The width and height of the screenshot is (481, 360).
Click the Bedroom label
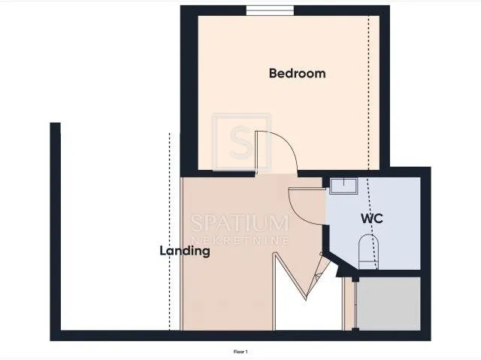point(297,74)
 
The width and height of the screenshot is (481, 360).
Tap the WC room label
point(371,219)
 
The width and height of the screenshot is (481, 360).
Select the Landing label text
point(185,251)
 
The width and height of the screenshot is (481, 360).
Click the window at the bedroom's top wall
point(270,10)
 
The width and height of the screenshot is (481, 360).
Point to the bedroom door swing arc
point(289,145)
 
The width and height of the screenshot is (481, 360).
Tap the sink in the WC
point(343,186)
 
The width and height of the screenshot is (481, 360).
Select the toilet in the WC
point(368,252)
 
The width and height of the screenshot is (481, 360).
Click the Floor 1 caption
point(240,352)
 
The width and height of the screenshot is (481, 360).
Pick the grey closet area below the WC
point(389,304)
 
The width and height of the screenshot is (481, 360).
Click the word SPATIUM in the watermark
point(240,223)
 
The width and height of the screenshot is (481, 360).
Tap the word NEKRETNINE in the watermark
point(240,240)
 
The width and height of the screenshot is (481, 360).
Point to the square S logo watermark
point(242,142)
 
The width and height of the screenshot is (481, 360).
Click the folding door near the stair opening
point(302,276)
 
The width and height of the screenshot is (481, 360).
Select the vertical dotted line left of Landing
point(169,231)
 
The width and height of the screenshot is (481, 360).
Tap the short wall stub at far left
point(55,227)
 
